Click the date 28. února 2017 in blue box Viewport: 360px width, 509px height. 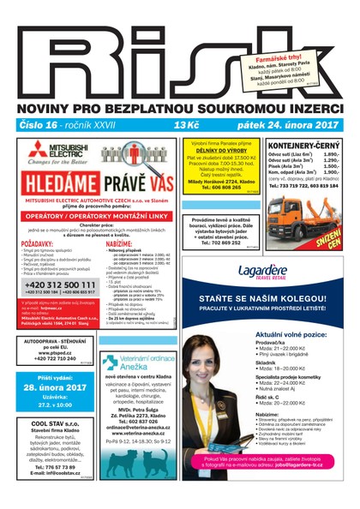point(56,388)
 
